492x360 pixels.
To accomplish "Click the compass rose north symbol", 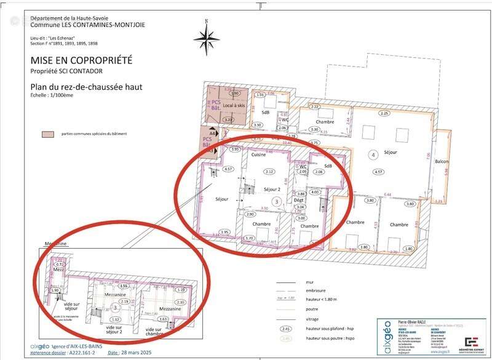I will pyautogui.click(x=207, y=38).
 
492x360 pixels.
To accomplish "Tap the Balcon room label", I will pyautogui.click(x=442, y=162).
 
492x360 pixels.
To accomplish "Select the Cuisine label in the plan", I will pyautogui.click(x=258, y=155).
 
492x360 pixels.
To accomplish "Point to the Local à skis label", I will pyautogui.click(x=234, y=106).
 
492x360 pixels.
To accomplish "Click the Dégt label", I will pyautogui.click(x=299, y=201).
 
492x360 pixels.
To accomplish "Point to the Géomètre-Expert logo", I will pyautogui.click(x=472, y=342).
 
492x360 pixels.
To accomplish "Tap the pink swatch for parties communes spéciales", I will pyautogui.click(x=46, y=134).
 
